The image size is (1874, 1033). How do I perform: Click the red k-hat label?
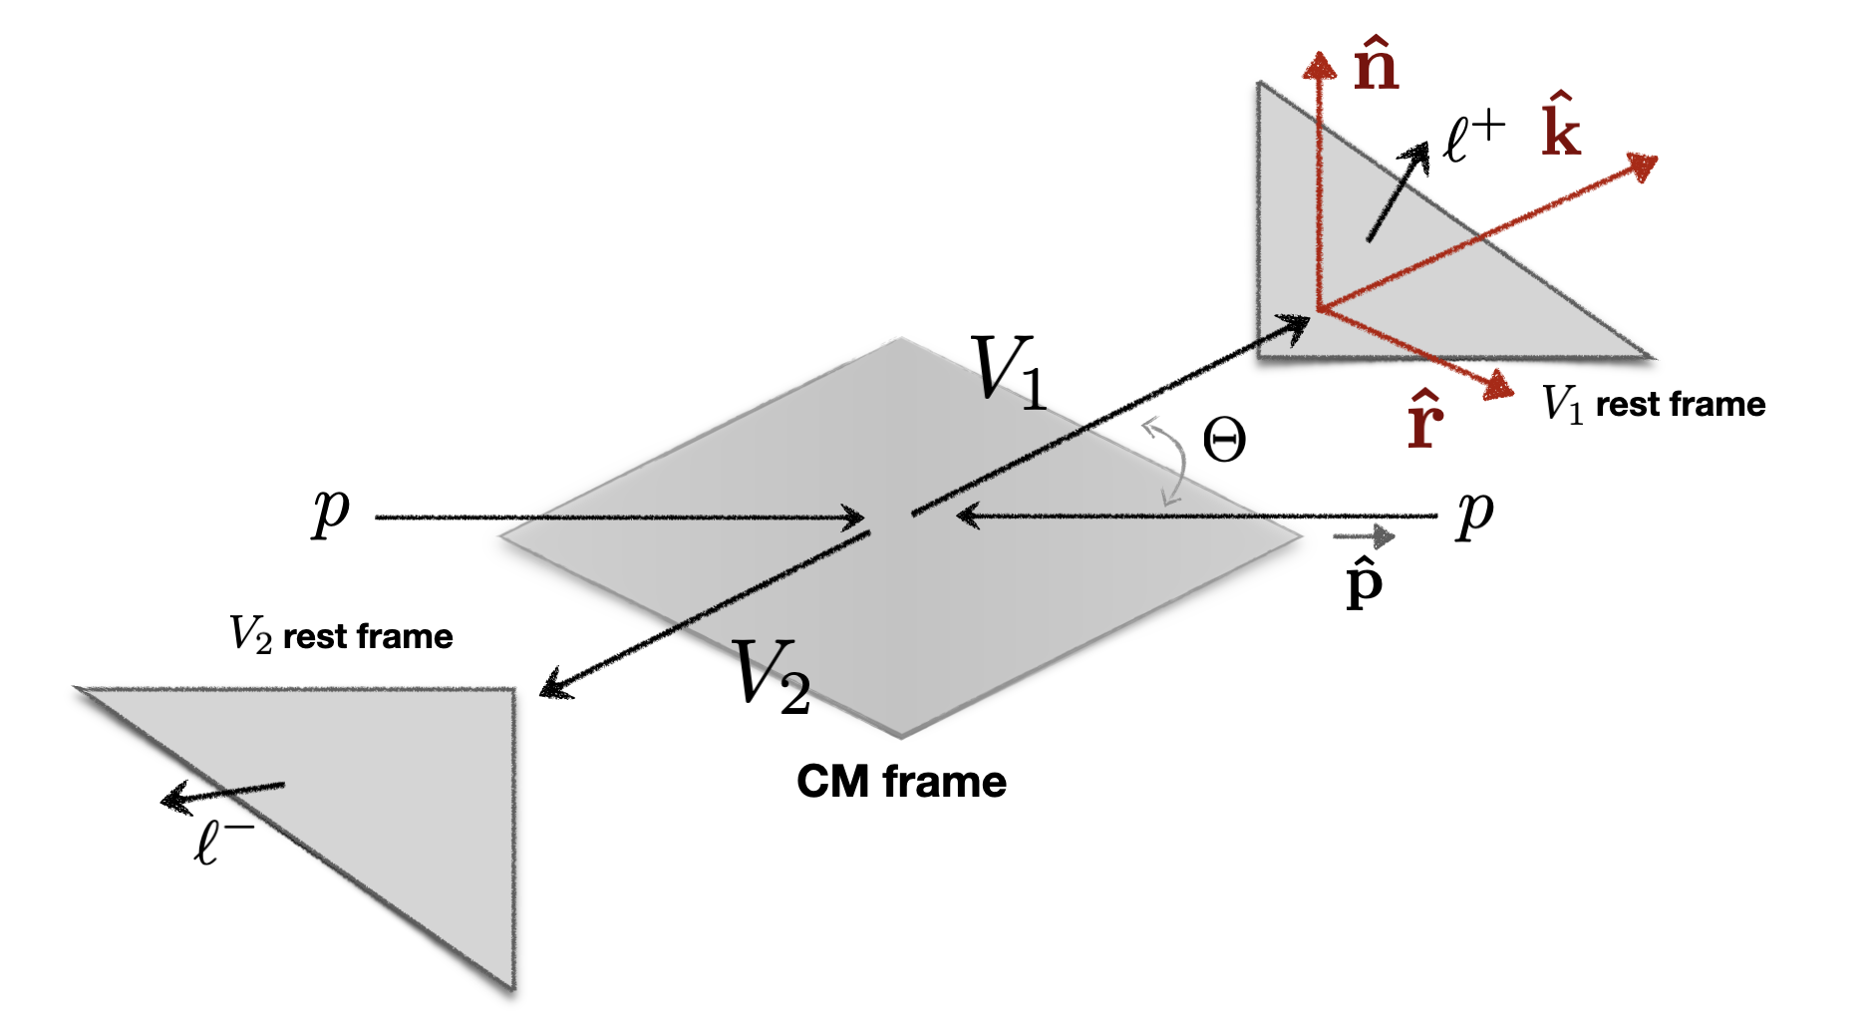point(1560,127)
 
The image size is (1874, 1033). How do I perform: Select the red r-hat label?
point(1424,420)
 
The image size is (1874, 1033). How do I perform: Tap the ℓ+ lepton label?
point(1473,138)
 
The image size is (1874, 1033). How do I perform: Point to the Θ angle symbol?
point(1223,440)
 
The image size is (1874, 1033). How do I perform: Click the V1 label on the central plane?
point(1008,372)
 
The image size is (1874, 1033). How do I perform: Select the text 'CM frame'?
point(901,782)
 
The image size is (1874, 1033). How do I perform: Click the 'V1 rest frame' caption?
point(1653,404)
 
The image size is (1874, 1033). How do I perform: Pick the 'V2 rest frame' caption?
point(341,635)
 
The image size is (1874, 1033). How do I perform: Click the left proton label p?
point(331,513)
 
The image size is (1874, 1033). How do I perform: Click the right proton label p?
point(1474,513)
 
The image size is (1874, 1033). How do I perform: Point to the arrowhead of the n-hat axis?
point(1320,65)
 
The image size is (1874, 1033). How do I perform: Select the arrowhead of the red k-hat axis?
point(1642,166)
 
